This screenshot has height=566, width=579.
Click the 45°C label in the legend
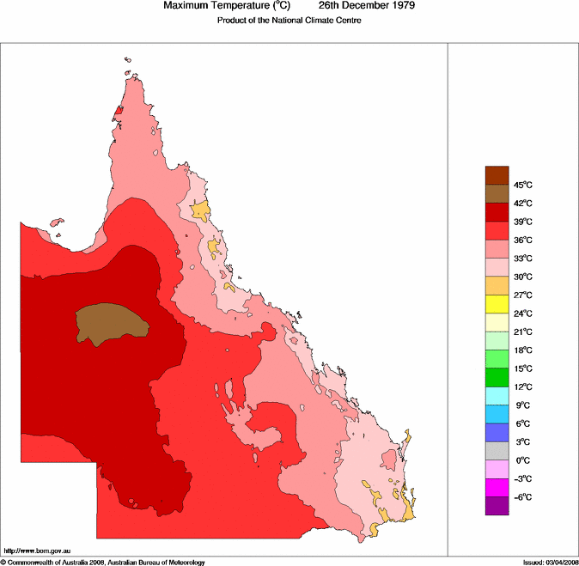point(523,185)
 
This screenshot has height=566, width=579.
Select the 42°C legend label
point(523,204)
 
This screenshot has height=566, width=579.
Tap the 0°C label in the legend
point(522,460)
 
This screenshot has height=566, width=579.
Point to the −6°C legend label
point(522,497)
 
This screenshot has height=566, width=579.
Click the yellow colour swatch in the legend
point(497,303)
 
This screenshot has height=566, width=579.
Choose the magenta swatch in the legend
point(497,487)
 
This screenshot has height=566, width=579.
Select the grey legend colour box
point(497,451)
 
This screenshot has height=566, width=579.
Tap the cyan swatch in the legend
point(497,395)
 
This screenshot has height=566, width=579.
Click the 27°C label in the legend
point(523,295)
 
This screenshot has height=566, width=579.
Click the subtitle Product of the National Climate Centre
point(289,20)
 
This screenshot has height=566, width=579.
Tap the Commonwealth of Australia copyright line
point(103,562)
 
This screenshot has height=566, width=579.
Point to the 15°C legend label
point(523,368)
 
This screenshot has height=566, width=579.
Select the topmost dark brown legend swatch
point(497,175)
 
